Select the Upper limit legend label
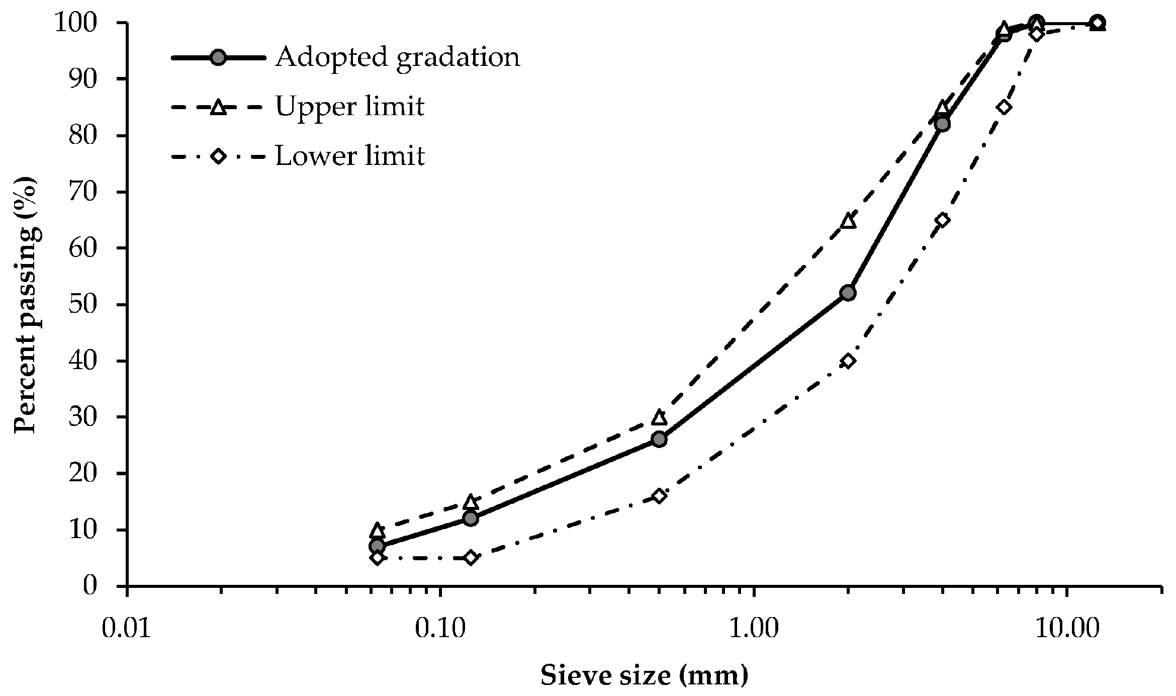click(x=350, y=107)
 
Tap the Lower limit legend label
click(x=350, y=156)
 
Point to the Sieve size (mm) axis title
click(x=645, y=675)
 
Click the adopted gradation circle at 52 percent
click(x=848, y=293)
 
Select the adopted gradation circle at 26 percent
click(x=659, y=440)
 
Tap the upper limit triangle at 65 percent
click(x=848, y=221)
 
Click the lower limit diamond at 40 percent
click(x=848, y=361)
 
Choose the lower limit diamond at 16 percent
click(x=659, y=496)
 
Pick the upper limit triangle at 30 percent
click(x=659, y=417)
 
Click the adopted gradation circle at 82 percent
click(x=943, y=124)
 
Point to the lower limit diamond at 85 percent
click(x=1004, y=107)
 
